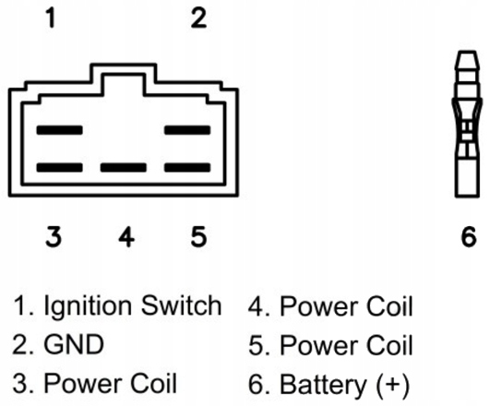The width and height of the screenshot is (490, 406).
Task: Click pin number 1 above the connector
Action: pyautogui.click(x=51, y=18)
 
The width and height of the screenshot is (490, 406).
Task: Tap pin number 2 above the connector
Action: pyautogui.click(x=198, y=18)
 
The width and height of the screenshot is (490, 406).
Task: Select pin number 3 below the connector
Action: pyautogui.click(x=54, y=236)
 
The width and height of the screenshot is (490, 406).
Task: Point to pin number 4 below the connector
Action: pyautogui.click(x=126, y=236)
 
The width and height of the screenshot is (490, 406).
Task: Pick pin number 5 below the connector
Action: pyautogui.click(x=198, y=236)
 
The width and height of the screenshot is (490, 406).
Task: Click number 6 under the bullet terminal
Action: pyautogui.click(x=469, y=236)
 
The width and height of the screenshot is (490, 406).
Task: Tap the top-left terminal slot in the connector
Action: pyautogui.click(x=59, y=130)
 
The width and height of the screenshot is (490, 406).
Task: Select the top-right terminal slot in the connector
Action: pyautogui.click(x=187, y=130)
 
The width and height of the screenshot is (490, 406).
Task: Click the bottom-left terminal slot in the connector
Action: pyautogui.click(x=59, y=168)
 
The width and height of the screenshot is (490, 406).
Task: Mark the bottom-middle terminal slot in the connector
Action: pyautogui.click(x=124, y=168)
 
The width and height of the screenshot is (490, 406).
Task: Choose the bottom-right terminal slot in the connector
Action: pyautogui.click(x=187, y=168)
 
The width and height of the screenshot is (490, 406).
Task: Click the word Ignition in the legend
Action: pyautogui.click(x=87, y=306)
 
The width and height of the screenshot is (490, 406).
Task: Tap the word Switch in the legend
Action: pyautogui.click(x=181, y=305)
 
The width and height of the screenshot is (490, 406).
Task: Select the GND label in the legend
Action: pyautogui.click(x=74, y=344)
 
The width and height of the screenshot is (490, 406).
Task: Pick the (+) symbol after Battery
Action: pyautogui.click(x=393, y=385)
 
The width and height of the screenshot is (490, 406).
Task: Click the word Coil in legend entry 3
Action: pyautogui.click(x=153, y=383)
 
